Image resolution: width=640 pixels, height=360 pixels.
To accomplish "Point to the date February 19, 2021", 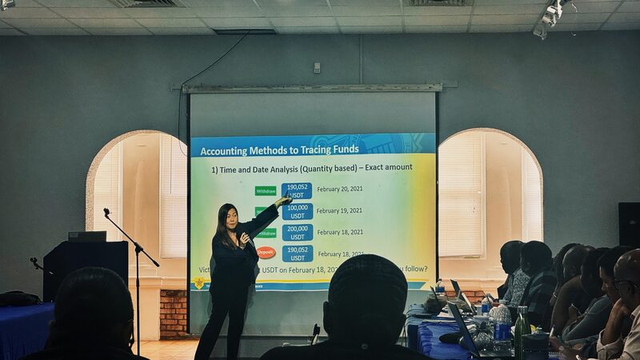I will (339, 211).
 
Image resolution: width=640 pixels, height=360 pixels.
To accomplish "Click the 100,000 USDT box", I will (297, 211).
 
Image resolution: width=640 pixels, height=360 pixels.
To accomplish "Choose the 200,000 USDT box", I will (297, 232).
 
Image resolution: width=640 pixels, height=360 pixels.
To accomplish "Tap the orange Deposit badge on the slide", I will (266, 253).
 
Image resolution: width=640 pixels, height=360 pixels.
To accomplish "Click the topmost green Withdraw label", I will (266, 190).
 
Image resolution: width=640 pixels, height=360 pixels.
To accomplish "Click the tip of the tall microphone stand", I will (106, 212).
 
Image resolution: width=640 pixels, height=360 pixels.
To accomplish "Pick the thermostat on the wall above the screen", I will (317, 68).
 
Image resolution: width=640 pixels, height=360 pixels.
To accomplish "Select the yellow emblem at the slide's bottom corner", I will (198, 283).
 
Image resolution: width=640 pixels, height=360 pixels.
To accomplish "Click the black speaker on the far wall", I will (629, 224).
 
